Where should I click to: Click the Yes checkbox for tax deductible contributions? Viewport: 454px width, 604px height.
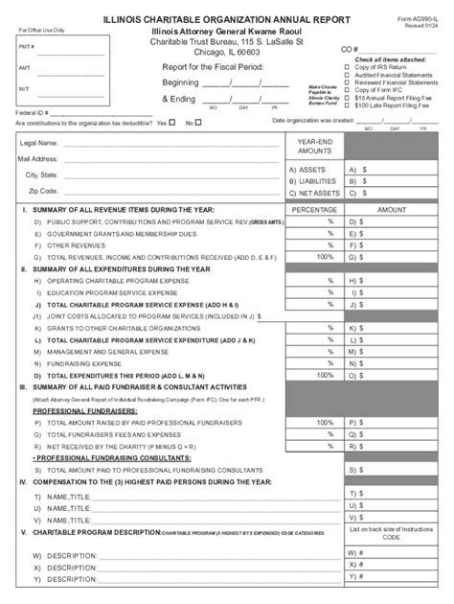tap(172, 122)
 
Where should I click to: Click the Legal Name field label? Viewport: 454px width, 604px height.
tap(39, 143)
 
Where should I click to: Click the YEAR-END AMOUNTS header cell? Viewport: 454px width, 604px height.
tap(314, 146)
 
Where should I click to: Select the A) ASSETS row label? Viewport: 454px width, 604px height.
tap(307, 170)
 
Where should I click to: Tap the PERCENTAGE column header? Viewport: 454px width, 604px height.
tap(314, 209)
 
